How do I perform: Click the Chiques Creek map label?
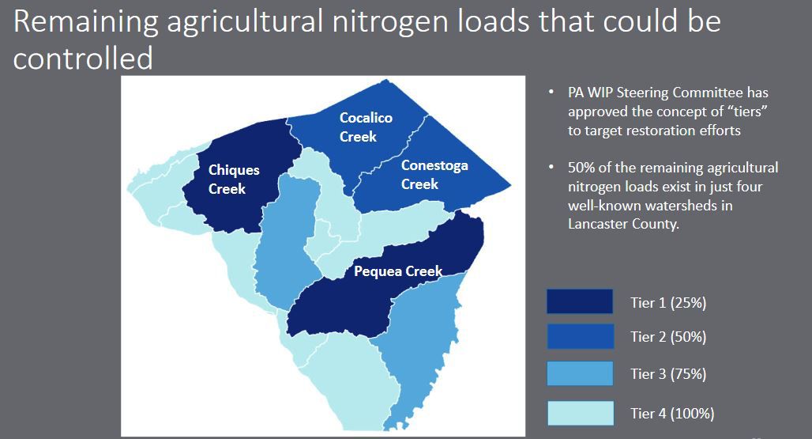[x=234, y=180]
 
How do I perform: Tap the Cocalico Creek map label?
[x=366, y=127]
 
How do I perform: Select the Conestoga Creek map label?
[x=434, y=175]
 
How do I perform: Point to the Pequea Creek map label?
[x=398, y=271]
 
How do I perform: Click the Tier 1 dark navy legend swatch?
[x=579, y=301]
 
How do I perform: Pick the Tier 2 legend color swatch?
[x=579, y=336]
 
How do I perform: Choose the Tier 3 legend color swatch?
[x=579, y=373]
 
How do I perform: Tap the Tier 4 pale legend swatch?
[x=579, y=412]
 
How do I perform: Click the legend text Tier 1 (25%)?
[x=667, y=302]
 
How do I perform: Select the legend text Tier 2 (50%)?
[x=667, y=337]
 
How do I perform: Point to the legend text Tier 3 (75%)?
[x=667, y=374]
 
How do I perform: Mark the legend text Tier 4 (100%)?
[x=672, y=413]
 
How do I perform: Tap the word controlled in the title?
[x=83, y=58]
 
